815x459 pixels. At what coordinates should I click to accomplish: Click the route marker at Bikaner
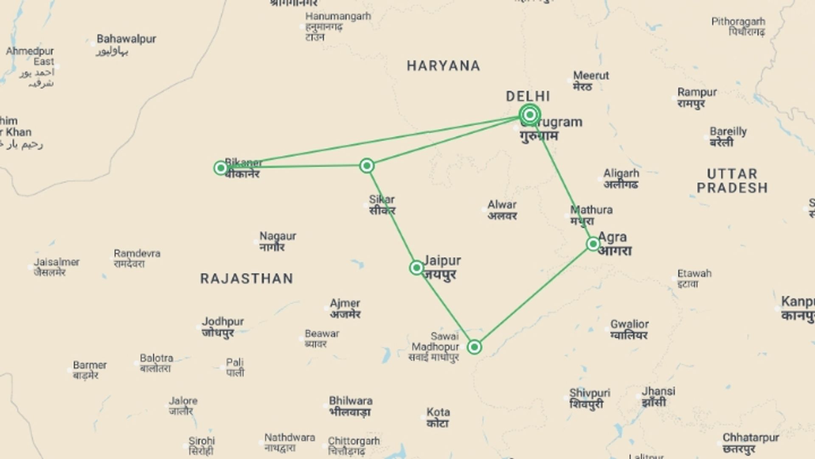(220, 168)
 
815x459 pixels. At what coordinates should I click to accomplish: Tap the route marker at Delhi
(529, 115)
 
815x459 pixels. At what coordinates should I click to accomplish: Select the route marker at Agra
(593, 244)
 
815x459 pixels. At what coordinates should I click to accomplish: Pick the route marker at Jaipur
(416, 268)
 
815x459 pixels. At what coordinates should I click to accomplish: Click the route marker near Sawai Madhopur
(474, 347)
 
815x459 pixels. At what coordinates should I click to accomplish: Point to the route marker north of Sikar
(367, 166)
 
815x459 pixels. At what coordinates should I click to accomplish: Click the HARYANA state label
(443, 66)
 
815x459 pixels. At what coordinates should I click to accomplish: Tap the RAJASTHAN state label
(247, 279)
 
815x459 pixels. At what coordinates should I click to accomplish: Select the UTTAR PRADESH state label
(732, 181)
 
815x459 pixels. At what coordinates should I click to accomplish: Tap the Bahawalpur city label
(126, 39)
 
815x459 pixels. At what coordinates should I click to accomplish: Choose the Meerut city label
(591, 76)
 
